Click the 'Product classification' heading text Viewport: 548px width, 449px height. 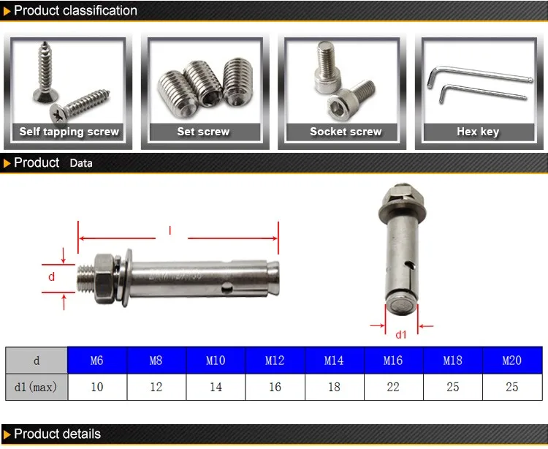75,10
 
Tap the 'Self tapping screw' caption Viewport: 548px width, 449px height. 69,132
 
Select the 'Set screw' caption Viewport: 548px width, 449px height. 203,132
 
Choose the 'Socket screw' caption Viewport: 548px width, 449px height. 346,132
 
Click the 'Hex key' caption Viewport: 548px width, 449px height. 478,132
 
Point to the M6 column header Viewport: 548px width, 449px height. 97,361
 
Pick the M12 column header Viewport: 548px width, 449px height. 275,361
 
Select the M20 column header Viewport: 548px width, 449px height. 511,361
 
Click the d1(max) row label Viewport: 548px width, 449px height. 36,387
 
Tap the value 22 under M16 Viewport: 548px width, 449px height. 393,387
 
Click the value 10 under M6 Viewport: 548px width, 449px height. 97,387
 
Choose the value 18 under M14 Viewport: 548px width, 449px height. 334,387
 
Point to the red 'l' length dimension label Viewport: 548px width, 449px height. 170,231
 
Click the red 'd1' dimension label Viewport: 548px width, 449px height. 400,336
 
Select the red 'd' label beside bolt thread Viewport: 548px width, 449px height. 51,276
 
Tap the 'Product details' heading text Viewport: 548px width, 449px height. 57,434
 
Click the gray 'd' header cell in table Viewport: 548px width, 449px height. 36,361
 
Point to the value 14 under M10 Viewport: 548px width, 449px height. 216,387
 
